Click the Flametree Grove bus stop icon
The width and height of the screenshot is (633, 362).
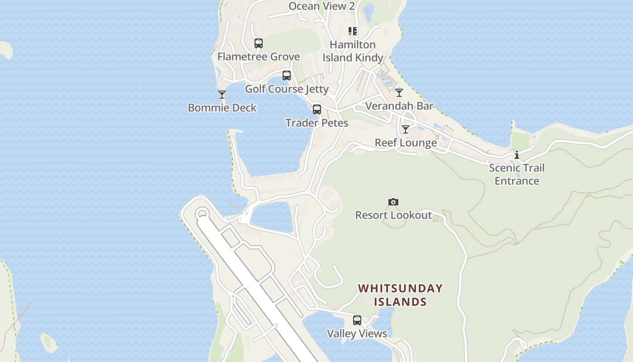point(259,43)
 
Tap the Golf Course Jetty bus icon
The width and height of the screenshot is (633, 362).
point(287,76)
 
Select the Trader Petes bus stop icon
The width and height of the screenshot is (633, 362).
point(317,110)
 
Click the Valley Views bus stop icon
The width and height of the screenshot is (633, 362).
point(357,320)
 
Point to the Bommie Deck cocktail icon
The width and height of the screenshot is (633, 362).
point(222,95)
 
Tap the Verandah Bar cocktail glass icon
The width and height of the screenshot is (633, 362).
point(399,93)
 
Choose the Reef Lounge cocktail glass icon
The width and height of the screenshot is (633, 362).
point(406,129)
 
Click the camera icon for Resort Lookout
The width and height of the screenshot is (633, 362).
point(393,202)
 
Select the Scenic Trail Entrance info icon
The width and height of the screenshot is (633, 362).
point(517,155)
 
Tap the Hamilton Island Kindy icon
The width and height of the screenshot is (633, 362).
point(353,31)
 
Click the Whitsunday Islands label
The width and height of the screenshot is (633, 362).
point(401,295)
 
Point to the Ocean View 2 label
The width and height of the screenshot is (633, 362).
point(321,6)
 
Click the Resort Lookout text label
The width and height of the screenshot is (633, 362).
point(393,215)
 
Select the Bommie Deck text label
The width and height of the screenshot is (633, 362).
point(222,108)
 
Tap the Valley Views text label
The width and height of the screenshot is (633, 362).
point(357,333)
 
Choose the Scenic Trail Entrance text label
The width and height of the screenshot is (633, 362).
point(517,174)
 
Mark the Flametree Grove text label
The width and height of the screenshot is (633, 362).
point(259,57)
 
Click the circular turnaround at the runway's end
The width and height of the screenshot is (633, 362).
point(202,214)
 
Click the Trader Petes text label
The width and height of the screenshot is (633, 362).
point(317,123)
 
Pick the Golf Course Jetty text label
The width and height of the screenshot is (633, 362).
point(287,89)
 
